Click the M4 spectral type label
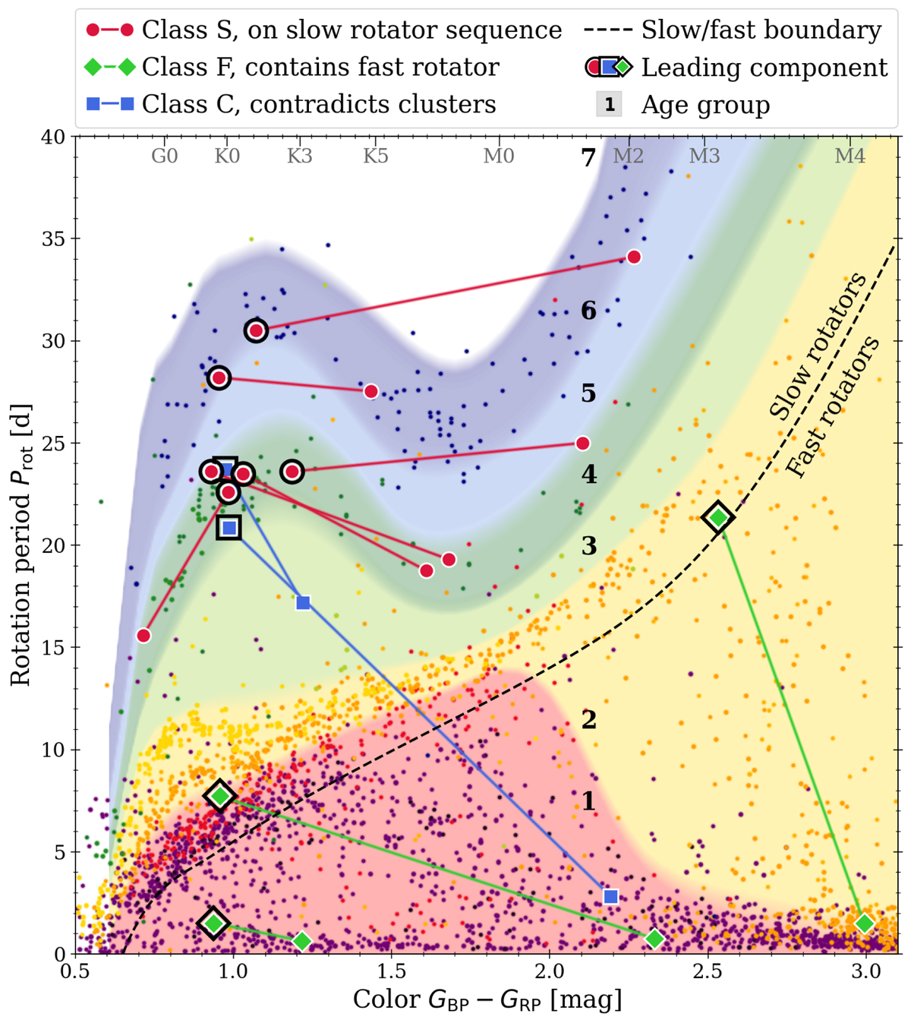850,156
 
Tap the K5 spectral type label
375,156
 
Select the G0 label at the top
165,156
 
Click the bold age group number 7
588,158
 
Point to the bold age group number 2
588,719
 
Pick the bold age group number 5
588,393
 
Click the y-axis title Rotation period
21,545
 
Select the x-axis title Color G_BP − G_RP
487,1000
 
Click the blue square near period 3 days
610,897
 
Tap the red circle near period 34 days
633,257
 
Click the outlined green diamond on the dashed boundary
718,518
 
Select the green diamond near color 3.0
864,924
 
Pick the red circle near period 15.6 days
143,636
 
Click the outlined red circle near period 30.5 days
256,330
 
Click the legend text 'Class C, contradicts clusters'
319,104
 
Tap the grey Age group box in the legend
609,104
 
